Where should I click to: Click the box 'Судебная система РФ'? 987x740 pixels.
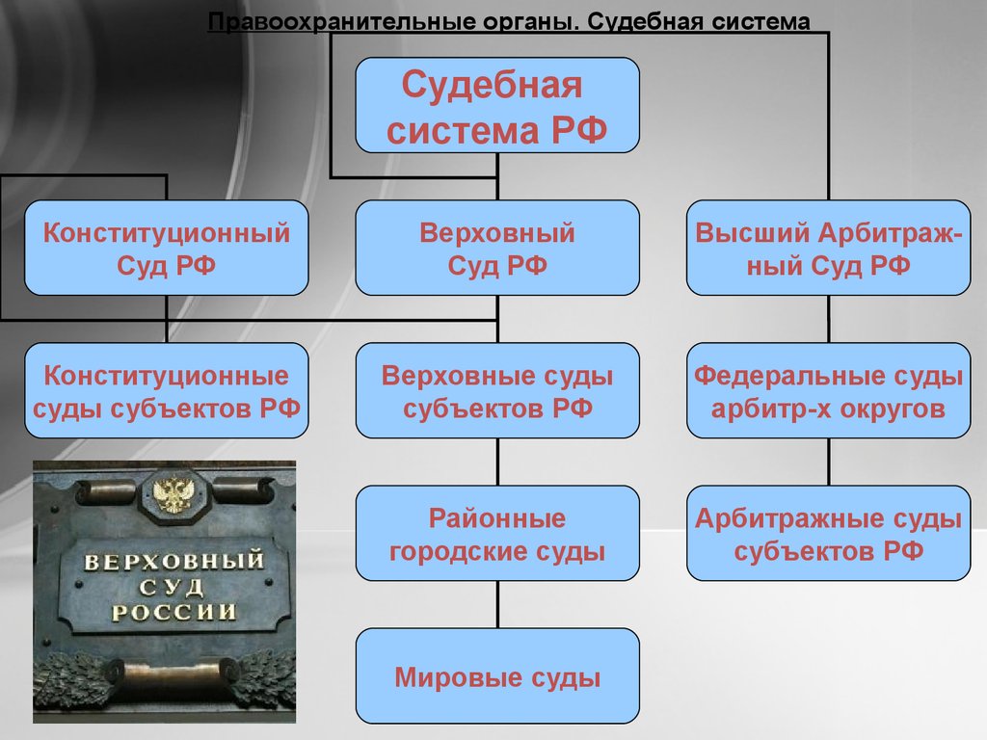[497, 105]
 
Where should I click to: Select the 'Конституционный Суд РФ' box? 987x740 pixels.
[166, 248]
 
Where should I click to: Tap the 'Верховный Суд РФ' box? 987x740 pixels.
[497, 248]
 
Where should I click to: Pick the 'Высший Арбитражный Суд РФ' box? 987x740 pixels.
[828, 248]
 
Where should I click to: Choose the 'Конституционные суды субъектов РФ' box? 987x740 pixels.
[166, 390]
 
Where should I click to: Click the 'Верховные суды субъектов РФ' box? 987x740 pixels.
[497, 390]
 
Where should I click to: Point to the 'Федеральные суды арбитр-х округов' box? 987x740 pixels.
[828, 390]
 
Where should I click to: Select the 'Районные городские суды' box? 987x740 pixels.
[497, 533]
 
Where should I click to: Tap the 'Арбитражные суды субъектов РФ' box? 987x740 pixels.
[828, 533]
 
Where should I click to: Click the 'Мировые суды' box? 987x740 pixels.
[497, 675]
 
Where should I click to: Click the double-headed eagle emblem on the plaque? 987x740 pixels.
[172, 494]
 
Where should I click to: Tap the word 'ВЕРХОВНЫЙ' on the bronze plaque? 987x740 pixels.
[173, 560]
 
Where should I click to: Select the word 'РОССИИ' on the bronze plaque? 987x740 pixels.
[173, 612]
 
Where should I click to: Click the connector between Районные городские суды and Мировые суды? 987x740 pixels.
[498, 604]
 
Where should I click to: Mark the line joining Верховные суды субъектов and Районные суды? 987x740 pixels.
[498, 462]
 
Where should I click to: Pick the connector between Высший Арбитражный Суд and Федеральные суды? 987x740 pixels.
[829, 319]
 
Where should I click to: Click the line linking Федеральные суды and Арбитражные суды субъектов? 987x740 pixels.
[829, 462]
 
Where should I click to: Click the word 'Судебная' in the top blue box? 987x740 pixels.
[492, 85]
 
